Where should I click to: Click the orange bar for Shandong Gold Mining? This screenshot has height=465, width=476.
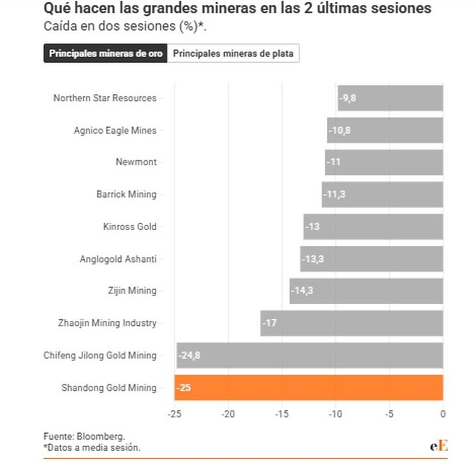coord(308,387)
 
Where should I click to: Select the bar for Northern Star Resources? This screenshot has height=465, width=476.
coord(390,98)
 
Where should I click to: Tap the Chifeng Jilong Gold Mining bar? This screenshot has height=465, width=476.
coord(310,355)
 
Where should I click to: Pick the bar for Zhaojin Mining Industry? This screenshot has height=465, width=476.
coord(352,323)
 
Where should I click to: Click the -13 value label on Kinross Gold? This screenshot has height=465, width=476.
coord(313,226)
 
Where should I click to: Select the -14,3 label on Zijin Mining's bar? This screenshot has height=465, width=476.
coord(302,291)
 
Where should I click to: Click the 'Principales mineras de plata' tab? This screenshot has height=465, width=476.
coord(233,53)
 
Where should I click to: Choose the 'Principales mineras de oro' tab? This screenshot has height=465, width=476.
coord(105,53)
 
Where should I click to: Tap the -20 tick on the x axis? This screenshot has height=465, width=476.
coord(228,414)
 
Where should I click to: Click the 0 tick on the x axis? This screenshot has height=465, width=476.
coord(443,414)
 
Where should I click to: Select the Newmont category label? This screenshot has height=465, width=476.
coord(136,162)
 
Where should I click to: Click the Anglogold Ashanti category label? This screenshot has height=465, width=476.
coord(117,259)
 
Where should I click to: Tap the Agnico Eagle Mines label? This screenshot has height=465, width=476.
coord(114,130)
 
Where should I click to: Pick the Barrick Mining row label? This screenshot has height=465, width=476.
coord(126,195)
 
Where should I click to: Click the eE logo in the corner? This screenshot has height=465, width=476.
coord(439,446)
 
